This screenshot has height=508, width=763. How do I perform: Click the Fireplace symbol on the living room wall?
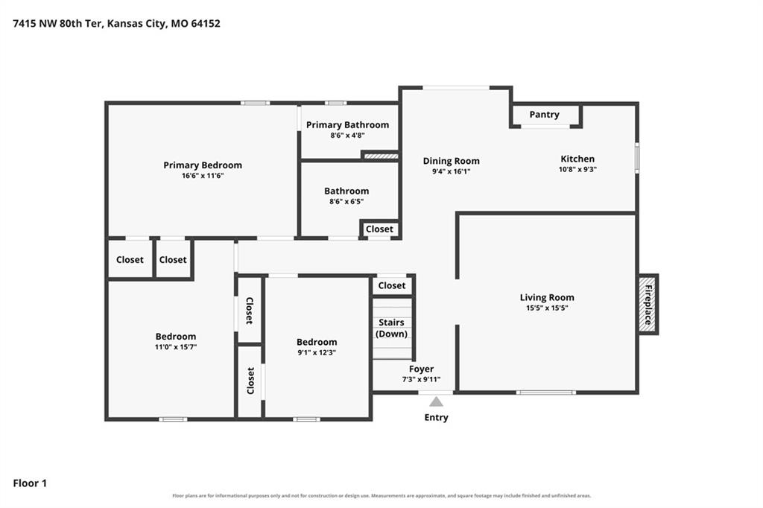click(648, 305)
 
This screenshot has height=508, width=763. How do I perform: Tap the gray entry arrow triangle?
click(436, 401)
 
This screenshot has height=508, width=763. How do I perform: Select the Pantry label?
click(544, 115)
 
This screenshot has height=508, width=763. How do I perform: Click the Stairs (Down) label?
click(391, 328)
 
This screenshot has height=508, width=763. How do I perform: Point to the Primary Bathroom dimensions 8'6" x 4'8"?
click(347, 136)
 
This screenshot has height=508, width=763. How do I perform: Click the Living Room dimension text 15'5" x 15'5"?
click(547, 308)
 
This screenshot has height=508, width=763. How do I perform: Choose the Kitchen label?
click(577, 159)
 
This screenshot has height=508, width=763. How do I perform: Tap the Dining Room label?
click(451, 161)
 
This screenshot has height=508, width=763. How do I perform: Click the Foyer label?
click(422, 369)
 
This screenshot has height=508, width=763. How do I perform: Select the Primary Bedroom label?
click(203, 165)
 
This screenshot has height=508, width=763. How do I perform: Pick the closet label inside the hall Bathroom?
click(379, 229)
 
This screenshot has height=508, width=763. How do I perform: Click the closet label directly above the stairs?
click(392, 285)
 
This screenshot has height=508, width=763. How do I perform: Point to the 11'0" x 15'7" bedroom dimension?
click(176, 347)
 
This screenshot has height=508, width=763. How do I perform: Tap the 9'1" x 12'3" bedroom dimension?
click(317, 352)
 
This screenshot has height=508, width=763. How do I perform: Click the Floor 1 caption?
click(30, 483)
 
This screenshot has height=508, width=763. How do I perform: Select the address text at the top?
click(116, 23)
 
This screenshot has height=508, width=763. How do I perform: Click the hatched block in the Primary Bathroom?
click(381, 156)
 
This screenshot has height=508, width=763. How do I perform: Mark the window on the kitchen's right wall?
click(637, 158)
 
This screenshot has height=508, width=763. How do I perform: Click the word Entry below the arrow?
click(436, 417)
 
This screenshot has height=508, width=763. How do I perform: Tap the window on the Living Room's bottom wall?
click(546, 393)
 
